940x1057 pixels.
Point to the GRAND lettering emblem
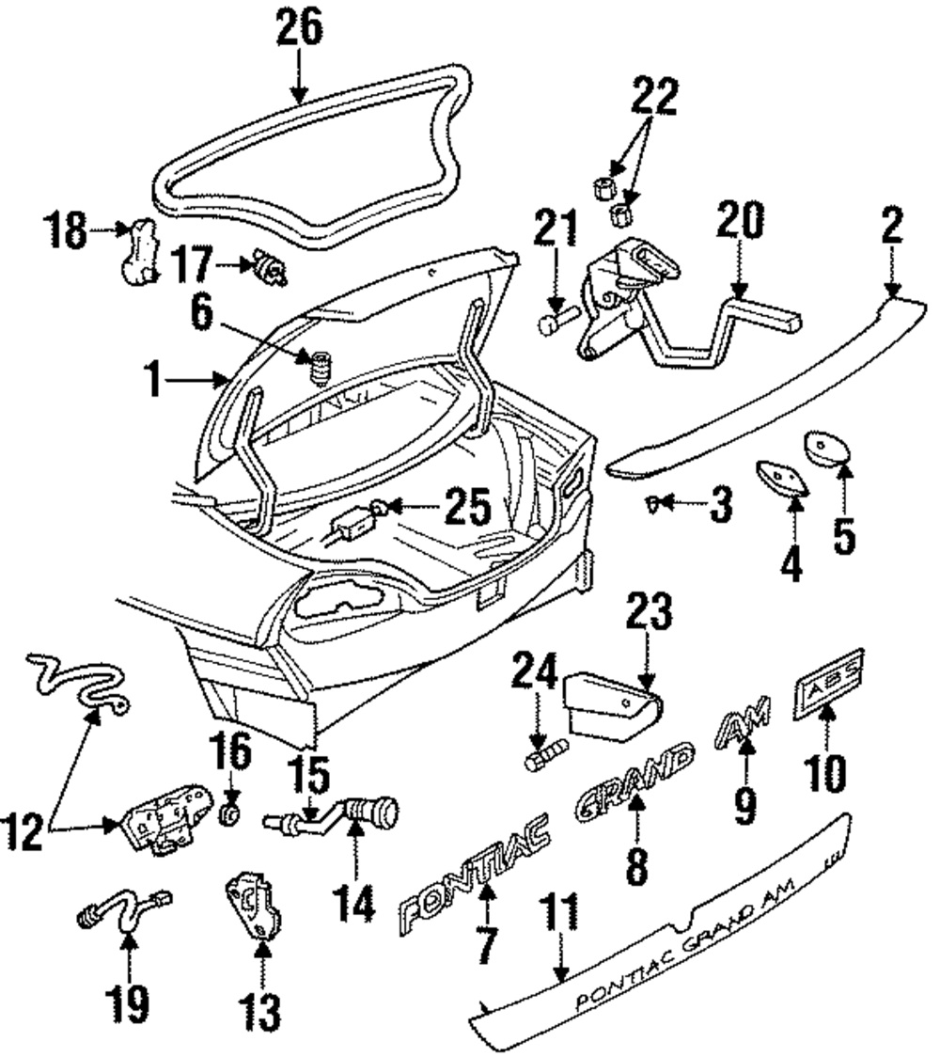(634, 781)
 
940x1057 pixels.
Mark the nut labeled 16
(230, 815)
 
